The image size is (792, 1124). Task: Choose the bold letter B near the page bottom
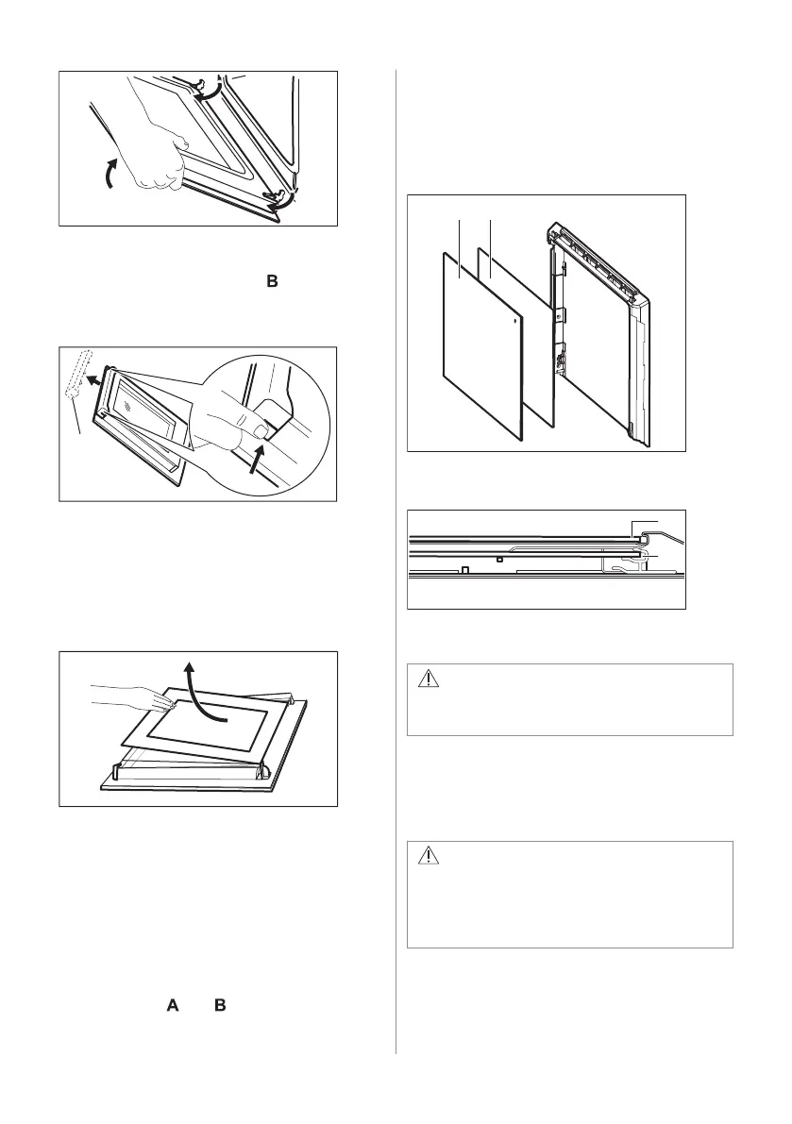(x=220, y=1006)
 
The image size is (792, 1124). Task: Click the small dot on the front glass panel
(x=514, y=320)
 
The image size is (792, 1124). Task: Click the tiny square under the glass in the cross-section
(x=499, y=559)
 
